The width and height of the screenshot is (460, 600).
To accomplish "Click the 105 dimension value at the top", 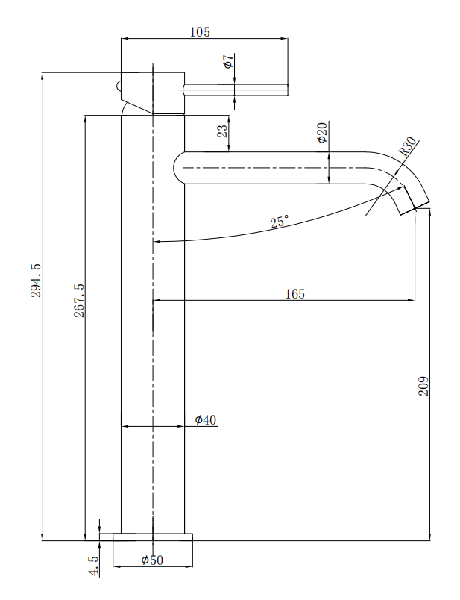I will pyautogui.click(x=200, y=32).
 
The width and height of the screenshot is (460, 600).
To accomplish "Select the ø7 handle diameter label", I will pyautogui.click(x=228, y=62).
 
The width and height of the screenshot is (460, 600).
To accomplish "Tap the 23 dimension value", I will pyautogui.click(x=222, y=131).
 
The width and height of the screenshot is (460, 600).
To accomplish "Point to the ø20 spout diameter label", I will pyautogui.click(x=321, y=132).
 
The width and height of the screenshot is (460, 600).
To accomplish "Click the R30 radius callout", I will pyautogui.click(x=408, y=146).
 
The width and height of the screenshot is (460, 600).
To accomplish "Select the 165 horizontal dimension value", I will pyautogui.click(x=294, y=293).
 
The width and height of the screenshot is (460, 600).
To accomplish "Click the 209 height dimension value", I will pyautogui.click(x=423, y=385).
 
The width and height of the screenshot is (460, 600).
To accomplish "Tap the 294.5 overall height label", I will pyautogui.click(x=36, y=280).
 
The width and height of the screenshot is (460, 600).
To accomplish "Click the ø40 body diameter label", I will pyautogui.click(x=206, y=420).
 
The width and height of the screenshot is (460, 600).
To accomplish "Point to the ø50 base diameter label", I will pyautogui.click(x=152, y=560).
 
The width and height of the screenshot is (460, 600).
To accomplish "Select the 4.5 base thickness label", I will pyautogui.click(x=93, y=564).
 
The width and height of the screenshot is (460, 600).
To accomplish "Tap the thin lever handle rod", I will pyautogui.click(x=235, y=90).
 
